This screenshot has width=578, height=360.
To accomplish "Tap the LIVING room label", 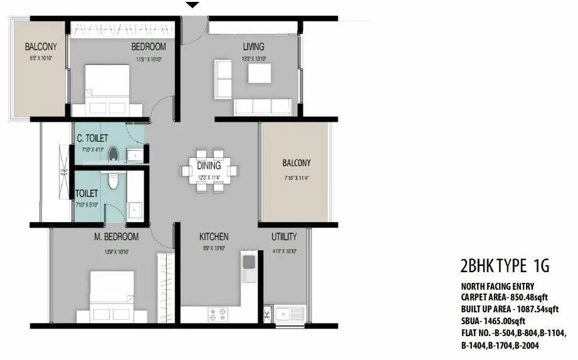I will (x=254, y=46).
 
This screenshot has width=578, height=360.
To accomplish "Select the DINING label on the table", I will (x=209, y=166).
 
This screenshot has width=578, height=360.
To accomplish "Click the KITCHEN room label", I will (x=214, y=237).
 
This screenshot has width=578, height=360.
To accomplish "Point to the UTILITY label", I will (x=284, y=237).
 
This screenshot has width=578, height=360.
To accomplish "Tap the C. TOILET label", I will (x=92, y=138).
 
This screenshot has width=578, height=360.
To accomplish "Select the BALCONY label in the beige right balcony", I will (x=296, y=163).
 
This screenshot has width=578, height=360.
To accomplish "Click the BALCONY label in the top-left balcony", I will (x=41, y=46).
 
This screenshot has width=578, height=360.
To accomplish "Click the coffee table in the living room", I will (x=259, y=73).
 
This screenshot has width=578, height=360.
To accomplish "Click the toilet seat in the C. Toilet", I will (x=114, y=152).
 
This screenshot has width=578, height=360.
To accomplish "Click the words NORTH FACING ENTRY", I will (x=498, y=286).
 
